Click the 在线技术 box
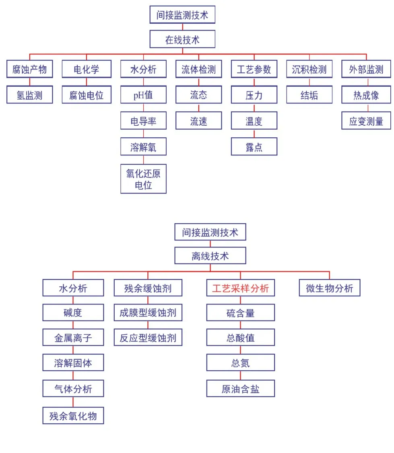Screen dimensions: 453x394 [182, 39]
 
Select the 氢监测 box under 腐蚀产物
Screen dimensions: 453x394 [29, 95]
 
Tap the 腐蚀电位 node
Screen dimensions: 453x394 [87, 95]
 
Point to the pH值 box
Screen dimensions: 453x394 [143, 95]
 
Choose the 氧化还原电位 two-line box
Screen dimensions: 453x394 [143, 179]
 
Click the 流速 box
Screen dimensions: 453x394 [198, 121]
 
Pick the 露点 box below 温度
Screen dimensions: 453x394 [254, 147]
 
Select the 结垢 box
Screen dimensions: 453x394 [309, 95]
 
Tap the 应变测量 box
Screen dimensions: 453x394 [366, 121]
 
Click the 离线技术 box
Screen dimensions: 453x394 [210, 256]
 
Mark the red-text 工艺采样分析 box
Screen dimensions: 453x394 [241, 288]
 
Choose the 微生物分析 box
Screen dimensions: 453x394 [329, 288]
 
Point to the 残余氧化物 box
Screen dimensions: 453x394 [73, 416]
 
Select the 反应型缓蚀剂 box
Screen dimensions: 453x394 [148, 338]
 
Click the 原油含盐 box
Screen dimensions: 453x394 [241, 389]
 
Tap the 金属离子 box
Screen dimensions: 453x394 [73, 338]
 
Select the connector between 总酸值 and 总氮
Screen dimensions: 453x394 [241, 350]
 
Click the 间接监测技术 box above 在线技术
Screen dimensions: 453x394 [182, 15]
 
